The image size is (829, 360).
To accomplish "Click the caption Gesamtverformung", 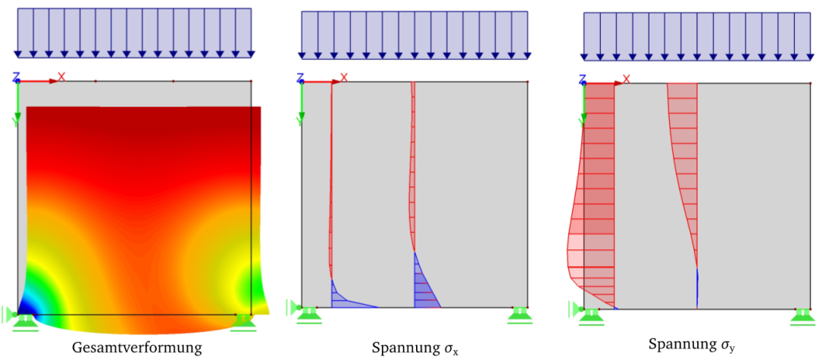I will [x=137, y=348].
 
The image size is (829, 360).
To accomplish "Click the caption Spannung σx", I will [x=415, y=349].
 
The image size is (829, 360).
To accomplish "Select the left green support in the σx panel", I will [x=308, y=314].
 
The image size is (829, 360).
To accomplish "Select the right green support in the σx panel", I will [x=520, y=314].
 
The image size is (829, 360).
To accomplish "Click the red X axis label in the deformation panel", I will [x=61, y=76].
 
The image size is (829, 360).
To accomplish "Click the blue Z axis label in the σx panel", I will [x=300, y=77].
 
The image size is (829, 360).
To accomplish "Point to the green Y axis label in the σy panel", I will [x=582, y=120].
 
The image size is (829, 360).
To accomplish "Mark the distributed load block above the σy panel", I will [x=697, y=36].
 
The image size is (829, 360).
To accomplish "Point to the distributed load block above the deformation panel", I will [x=134, y=32].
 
